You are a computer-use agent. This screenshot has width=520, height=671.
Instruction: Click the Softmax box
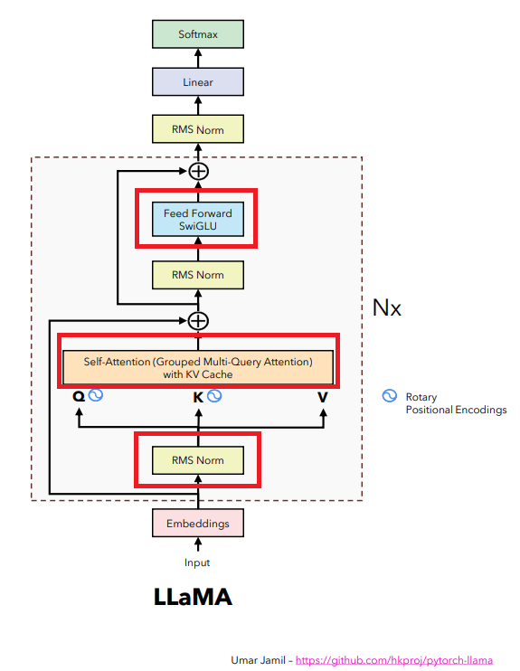point(197,33)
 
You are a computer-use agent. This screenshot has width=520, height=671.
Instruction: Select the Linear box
point(197,82)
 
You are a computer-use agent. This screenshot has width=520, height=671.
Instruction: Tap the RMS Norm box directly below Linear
point(197,129)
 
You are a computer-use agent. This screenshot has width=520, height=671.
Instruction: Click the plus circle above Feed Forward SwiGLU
point(197,171)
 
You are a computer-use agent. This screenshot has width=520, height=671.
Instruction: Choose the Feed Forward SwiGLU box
point(197,220)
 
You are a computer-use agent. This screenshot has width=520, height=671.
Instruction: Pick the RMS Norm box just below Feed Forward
point(197,274)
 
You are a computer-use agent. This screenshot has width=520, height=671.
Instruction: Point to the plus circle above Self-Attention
point(197,320)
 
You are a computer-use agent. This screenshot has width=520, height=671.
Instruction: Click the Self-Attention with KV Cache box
point(197,367)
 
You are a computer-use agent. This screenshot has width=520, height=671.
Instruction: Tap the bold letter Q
point(78,397)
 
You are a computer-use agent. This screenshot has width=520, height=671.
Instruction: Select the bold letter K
point(197,397)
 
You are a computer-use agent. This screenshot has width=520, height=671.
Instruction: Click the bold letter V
point(322,397)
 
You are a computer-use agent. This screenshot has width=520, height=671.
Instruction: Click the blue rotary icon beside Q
point(95,396)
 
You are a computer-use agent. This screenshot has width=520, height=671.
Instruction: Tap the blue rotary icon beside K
point(214,396)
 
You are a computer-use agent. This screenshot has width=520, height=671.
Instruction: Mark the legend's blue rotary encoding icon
point(390,396)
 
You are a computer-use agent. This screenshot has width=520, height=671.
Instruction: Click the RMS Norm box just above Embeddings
point(197,460)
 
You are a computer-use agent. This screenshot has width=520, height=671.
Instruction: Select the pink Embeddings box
point(197,524)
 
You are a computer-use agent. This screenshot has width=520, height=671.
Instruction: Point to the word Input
point(197,562)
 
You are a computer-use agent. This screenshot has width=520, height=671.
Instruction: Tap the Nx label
point(387,307)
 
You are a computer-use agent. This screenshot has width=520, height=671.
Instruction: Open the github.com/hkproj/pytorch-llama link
point(394,661)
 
